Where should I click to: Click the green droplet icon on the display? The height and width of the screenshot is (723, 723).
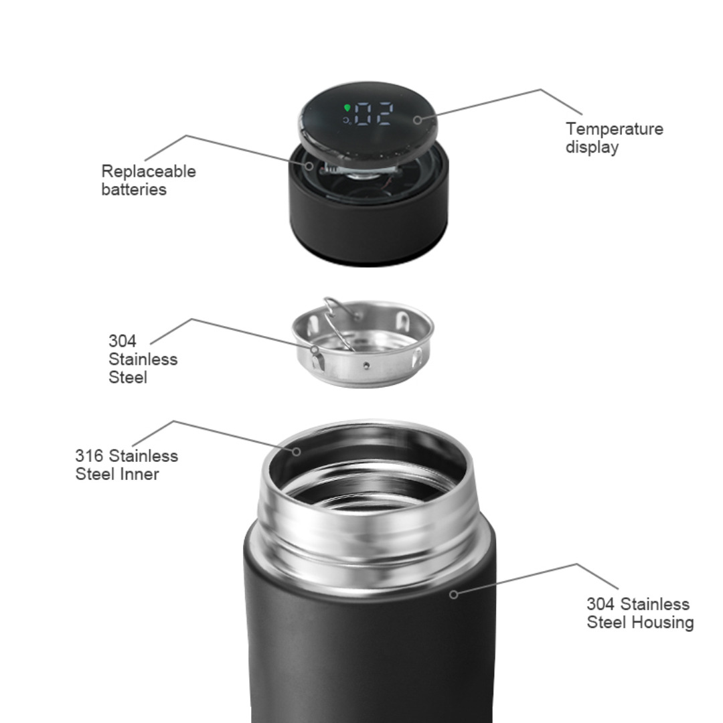(x=347, y=108)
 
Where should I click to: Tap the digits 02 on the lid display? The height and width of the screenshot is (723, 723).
(x=374, y=113)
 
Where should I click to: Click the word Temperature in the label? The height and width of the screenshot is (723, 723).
(x=614, y=129)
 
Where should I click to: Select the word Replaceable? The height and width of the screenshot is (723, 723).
(x=149, y=171)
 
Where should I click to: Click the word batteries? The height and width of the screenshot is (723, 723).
(x=134, y=189)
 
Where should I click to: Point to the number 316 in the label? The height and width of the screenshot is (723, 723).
(x=89, y=456)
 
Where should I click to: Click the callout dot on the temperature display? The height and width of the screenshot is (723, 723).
(x=417, y=120)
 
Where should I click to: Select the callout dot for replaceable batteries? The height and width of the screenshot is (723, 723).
(x=309, y=166)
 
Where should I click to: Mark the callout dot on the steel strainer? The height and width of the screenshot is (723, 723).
(x=315, y=350)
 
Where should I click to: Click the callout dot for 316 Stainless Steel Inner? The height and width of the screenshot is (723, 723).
(x=297, y=451)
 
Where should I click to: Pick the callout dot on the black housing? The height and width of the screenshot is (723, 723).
(x=454, y=594)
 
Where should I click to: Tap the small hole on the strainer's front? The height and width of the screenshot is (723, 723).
(x=366, y=366)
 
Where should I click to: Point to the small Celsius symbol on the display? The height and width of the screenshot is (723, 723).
(x=347, y=120)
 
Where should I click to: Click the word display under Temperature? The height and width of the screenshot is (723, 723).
(x=592, y=147)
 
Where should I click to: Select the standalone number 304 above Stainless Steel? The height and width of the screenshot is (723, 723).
(x=123, y=341)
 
